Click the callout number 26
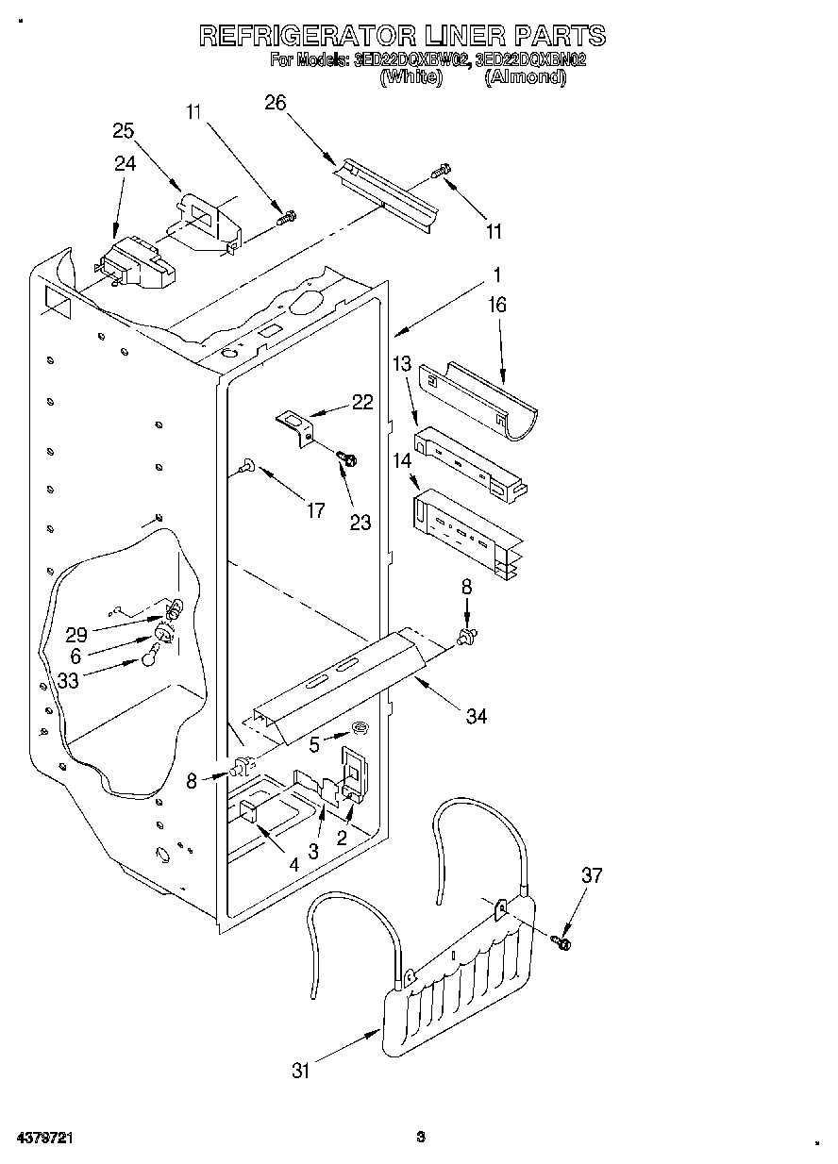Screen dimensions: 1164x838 point(275,104)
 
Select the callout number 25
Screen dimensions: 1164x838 point(124,131)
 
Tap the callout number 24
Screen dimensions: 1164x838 point(126,163)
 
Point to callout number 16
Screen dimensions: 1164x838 point(497,305)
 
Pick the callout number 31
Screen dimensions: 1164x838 point(301,1071)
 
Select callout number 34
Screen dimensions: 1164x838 point(476,717)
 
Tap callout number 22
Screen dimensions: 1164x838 point(361,402)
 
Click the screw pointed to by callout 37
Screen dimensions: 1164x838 point(564,940)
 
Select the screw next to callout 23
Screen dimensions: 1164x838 point(348,458)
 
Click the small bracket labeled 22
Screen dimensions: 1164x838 point(293,423)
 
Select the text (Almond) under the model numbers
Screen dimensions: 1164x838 point(525,78)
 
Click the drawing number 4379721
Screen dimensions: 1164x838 point(39,1138)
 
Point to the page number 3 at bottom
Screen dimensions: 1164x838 point(421,1138)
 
